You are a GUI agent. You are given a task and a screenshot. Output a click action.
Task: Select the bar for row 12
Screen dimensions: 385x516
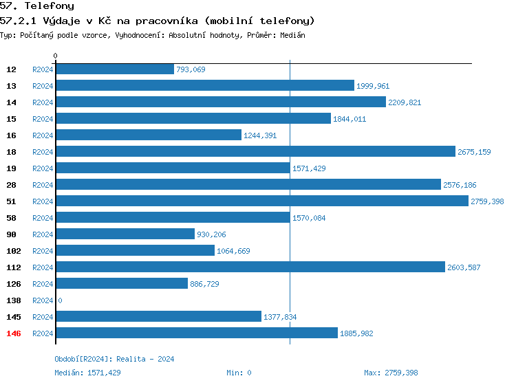click(x=114, y=69)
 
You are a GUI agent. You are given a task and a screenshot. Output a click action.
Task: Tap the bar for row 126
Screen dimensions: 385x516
click(x=121, y=284)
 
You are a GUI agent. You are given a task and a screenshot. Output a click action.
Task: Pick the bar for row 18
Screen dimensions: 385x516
click(x=255, y=152)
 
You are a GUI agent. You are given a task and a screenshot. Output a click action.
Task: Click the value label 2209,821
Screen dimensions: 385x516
click(x=405, y=102)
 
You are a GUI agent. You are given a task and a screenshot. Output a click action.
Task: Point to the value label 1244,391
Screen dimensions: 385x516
click(x=260, y=135)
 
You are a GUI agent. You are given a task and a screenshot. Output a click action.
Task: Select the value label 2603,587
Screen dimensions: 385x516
click(x=464, y=267)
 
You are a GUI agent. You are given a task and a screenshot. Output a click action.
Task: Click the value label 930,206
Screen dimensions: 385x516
click(x=211, y=234)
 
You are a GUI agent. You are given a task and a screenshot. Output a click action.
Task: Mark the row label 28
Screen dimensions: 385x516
click(x=12, y=185)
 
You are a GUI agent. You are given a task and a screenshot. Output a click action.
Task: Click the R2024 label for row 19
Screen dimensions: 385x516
click(x=43, y=168)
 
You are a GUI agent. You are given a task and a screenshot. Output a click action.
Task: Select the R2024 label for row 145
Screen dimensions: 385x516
click(x=43, y=317)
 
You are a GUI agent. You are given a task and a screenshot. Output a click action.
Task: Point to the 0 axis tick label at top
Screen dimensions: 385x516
click(x=56, y=56)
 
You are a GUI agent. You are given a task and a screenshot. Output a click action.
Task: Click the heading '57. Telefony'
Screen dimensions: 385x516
click(x=37, y=5)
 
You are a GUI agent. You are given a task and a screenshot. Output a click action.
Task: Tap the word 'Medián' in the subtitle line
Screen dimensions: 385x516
click(x=292, y=34)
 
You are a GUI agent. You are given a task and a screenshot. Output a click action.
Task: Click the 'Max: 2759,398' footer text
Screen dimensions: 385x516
click(x=391, y=373)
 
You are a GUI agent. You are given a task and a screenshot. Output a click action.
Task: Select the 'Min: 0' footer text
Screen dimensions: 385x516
click(x=239, y=373)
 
